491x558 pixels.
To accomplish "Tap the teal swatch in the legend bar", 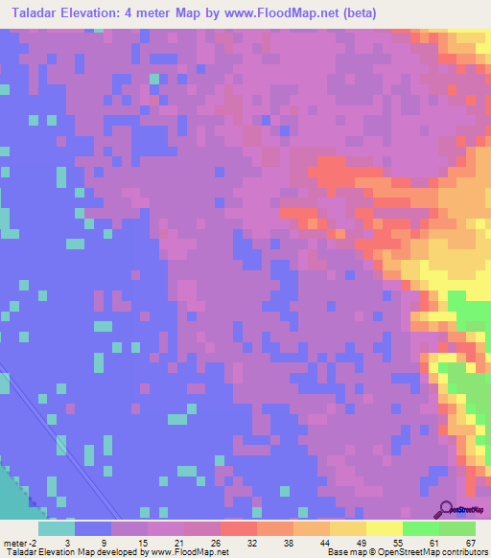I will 57,528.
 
